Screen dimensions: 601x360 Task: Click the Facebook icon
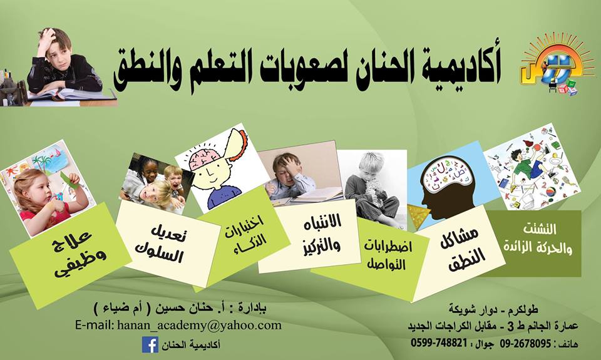(150, 344)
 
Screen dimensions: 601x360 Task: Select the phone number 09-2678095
(525, 343)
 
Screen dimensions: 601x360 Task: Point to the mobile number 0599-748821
(439, 342)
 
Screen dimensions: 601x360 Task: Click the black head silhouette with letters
(447, 187)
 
